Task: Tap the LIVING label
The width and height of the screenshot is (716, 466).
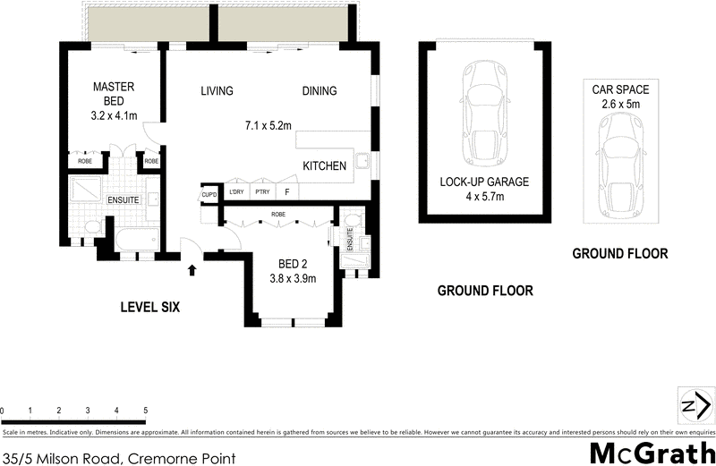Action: tap(217, 91)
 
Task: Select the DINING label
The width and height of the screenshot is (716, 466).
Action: tap(319, 91)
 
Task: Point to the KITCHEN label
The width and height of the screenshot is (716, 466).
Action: tap(325, 166)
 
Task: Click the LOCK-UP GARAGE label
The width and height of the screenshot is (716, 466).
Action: tap(484, 182)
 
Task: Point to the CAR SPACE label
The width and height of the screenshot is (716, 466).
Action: tap(620, 90)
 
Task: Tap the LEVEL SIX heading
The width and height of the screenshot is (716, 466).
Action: tap(150, 307)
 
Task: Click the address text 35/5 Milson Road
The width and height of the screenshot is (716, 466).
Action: tap(119, 458)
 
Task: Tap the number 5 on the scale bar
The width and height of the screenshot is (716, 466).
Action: tap(145, 411)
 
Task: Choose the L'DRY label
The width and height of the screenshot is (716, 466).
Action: tap(236, 191)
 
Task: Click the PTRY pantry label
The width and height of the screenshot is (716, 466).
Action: tap(261, 191)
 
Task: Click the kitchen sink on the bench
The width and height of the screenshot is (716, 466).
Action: tap(362, 161)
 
